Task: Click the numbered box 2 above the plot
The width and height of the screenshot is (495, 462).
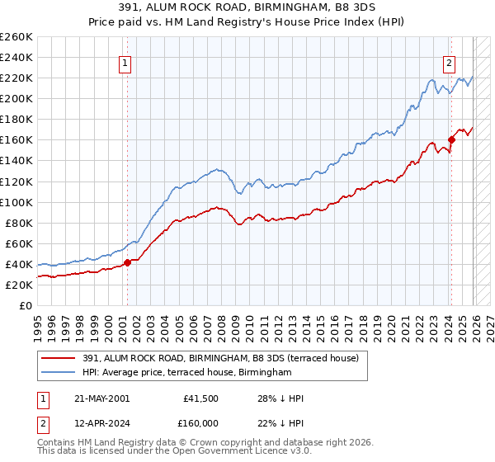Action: tap(450, 63)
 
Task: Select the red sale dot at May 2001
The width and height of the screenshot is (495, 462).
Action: tap(127, 262)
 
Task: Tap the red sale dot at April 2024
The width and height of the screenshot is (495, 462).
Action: tap(452, 139)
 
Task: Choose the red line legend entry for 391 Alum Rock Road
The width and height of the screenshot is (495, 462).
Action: tap(220, 359)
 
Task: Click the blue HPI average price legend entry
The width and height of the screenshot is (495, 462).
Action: tap(187, 373)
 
